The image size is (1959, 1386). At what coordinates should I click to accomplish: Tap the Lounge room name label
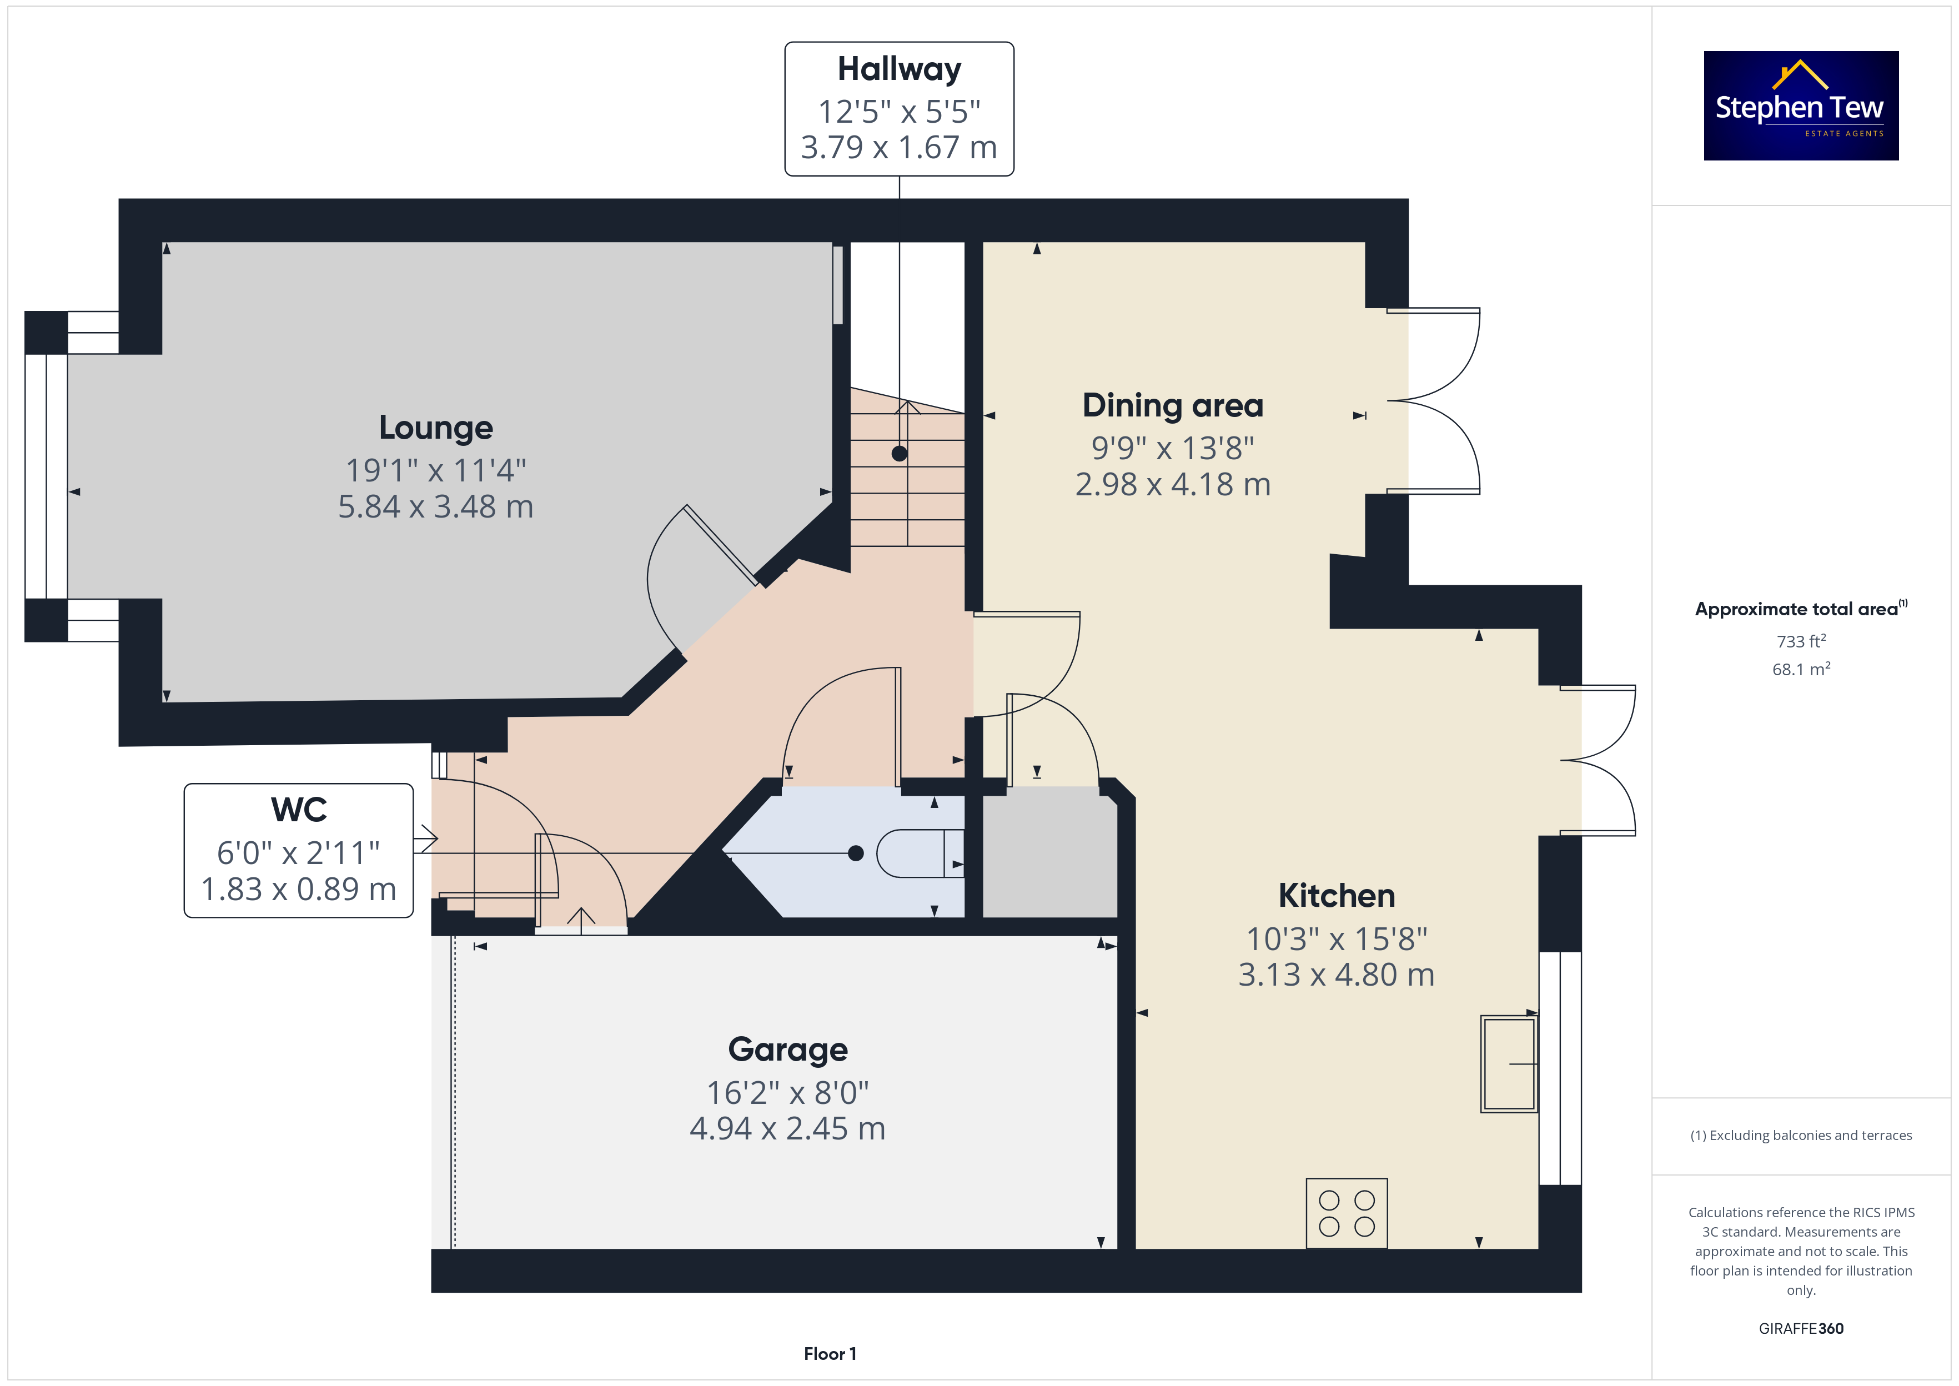pos(436,428)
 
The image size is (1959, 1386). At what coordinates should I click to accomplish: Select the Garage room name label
pos(787,1049)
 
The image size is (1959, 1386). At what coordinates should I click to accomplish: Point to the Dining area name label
pos(1172,405)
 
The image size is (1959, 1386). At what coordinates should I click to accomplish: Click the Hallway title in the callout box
pos(900,69)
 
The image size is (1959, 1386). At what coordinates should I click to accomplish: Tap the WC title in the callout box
pos(299,809)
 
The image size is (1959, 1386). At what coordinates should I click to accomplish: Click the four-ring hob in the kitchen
pos(1347,1213)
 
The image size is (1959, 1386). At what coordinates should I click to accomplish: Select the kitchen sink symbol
pos(1509,1063)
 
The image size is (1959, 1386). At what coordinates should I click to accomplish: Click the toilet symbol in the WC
pos(920,853)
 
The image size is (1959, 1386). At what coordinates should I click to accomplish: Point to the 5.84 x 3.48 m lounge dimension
pos(436,507)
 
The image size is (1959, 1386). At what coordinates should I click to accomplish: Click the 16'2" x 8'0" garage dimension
pos(787,1092)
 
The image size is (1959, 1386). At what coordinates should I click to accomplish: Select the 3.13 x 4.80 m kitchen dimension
pos(1336,975)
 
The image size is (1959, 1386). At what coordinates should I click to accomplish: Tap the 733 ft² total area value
pos(1801,641)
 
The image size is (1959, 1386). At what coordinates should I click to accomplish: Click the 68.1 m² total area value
pos(1801,669)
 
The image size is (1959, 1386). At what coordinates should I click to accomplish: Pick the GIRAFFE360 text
pos(1801,1329)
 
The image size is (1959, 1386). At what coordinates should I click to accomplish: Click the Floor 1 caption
pos(830,1354)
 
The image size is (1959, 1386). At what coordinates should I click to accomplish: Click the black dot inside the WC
pos(856,853)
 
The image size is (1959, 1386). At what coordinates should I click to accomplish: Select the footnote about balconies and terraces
pos(1801,1135)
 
